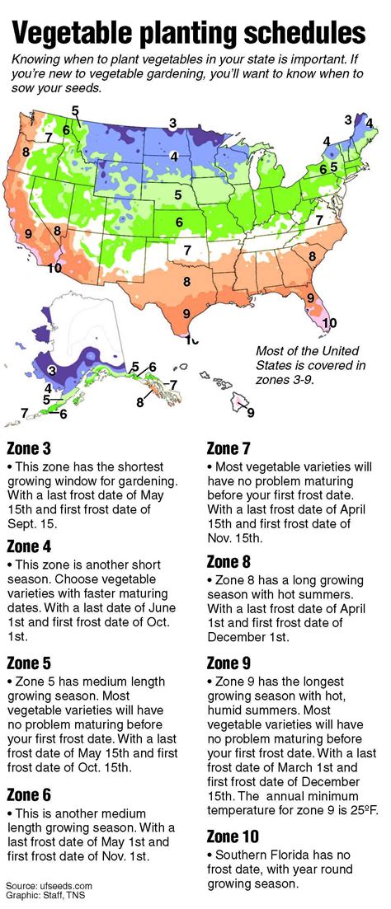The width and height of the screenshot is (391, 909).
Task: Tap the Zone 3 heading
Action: point(29,449)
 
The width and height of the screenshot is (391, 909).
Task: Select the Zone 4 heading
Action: point(29,546)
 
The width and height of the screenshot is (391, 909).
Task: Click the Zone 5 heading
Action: point(29,663)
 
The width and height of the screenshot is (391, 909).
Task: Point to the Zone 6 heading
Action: point(29,794)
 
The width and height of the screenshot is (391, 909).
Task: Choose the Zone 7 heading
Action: point(228,449)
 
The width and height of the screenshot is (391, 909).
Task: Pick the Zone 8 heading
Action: point(228,562)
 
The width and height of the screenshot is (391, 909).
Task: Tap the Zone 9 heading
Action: point(228,663)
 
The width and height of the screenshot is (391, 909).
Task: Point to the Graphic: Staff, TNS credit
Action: point(49,897)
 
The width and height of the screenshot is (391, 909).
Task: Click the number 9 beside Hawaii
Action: point(251,412)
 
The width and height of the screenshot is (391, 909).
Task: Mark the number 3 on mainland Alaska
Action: point(51,371)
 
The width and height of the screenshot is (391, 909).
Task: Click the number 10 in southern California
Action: point(54,267)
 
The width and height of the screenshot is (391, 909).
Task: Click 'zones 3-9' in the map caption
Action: point(287,382)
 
